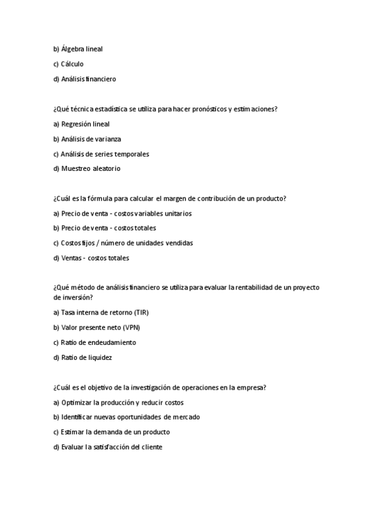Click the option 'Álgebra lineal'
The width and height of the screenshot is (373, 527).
coord(82,49)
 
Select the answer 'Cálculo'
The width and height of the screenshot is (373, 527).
coord(72,64)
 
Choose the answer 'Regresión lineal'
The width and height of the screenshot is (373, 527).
coord(85,124)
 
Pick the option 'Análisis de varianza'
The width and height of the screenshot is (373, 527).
coord(91,139)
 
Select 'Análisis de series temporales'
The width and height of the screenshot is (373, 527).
coord(105,154)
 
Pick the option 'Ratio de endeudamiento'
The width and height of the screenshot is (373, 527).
coord(98,342)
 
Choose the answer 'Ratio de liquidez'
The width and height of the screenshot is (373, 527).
coord(86,357)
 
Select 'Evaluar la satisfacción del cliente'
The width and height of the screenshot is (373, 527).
coord(111,447)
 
